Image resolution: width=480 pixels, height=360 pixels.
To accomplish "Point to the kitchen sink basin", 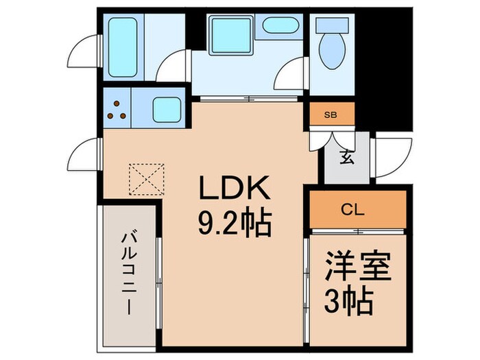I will coord(166,109).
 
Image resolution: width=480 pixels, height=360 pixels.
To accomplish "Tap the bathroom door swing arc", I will coord(172,70).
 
